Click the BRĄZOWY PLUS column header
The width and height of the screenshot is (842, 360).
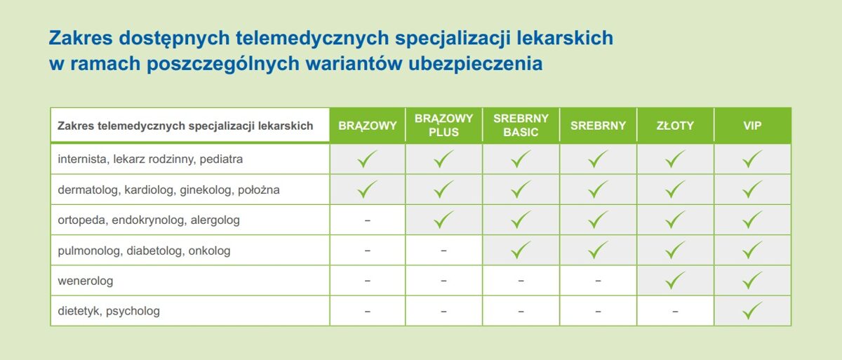coord(443,125)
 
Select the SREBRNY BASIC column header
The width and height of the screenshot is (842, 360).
coord(521,125)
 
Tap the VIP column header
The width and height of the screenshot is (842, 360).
coord(752,126)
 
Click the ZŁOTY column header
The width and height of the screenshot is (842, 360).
coord(675,126)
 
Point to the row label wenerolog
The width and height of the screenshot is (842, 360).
coord(86,281)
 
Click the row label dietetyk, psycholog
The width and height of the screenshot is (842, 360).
coord(109,311)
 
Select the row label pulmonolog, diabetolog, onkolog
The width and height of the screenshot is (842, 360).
coord(144,251)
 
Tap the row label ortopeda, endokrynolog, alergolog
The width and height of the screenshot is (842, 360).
coord(149,220)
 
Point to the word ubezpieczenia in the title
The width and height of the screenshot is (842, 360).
coord(476,63)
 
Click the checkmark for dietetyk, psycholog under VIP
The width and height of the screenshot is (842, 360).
coord(752,310)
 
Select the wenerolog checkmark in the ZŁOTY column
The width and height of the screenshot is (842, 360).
coord(675,280)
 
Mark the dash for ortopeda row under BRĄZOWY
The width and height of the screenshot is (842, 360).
coord(368,220)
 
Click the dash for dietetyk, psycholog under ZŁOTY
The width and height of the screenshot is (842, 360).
coord(675,311)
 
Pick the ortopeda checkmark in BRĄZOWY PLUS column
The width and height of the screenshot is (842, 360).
coord(443,220)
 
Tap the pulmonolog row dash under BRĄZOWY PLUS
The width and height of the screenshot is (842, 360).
coord(443,251)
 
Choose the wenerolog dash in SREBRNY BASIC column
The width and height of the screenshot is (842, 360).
coord(521,281)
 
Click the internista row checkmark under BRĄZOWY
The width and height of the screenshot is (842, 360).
coord(367,159)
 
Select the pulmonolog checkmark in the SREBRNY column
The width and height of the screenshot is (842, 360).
coord(598,250)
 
